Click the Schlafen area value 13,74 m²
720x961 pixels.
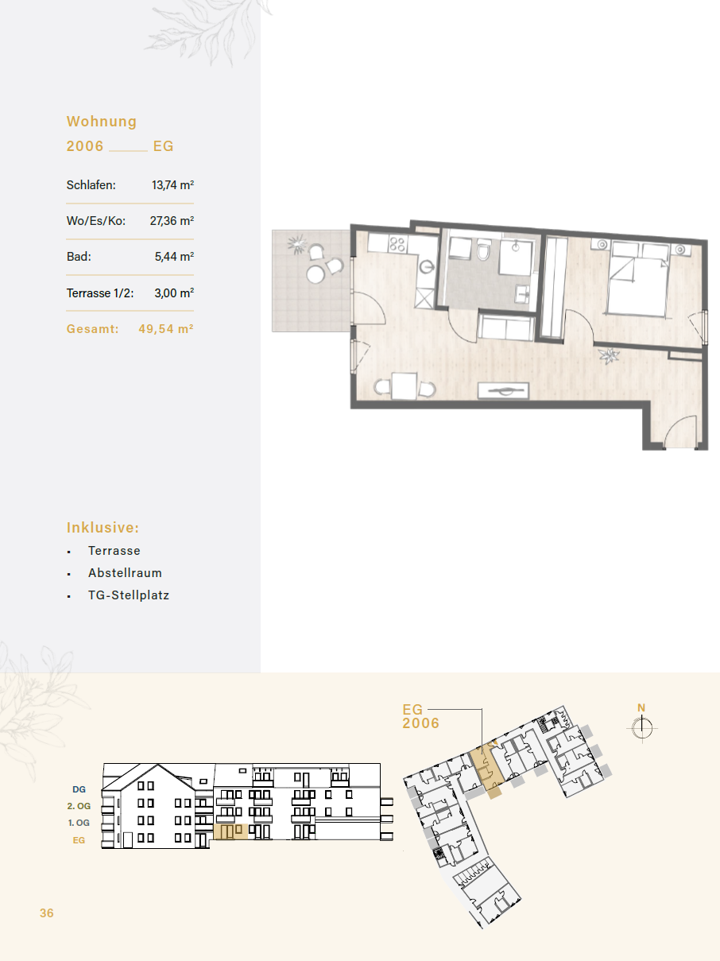point(173,185)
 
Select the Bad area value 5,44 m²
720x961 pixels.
point(174,257)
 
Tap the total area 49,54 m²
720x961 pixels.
point(166,329)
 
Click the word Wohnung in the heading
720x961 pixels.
point(102,122)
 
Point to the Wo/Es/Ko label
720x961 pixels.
point(96,221)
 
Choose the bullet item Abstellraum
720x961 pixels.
point(125,572)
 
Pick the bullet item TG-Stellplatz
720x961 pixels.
point(129,595)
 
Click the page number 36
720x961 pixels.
point(47,913)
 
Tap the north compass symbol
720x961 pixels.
point(642,728)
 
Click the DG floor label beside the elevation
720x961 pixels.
point(79,789)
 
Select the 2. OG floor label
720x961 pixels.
point(79,806)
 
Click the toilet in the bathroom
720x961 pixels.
point(483,250)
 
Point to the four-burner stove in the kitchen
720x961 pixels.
point(397,244)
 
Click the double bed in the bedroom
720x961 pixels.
point(639,278)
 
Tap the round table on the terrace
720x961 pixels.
point(315,274)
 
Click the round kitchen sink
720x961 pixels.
point(427,266)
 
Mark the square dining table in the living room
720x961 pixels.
point(404,386)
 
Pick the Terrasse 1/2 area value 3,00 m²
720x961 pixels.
point(174,293)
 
